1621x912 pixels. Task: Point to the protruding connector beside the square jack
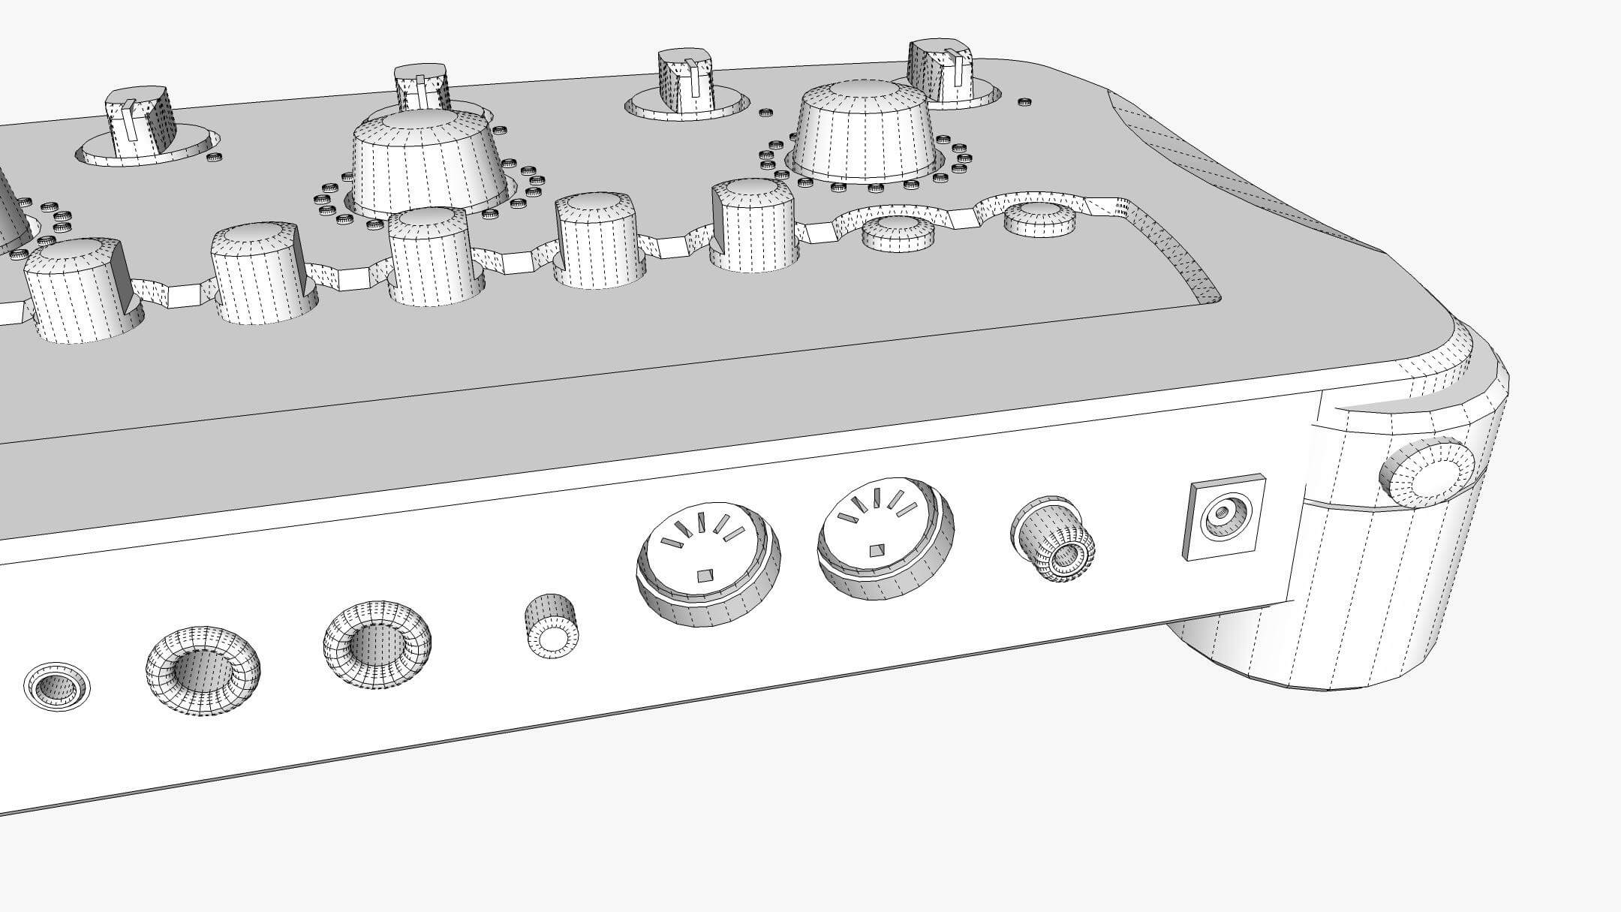1054,539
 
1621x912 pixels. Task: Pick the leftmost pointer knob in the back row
141,122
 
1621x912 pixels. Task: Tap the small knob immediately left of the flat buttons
753,224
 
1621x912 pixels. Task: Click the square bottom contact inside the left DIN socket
703,576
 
